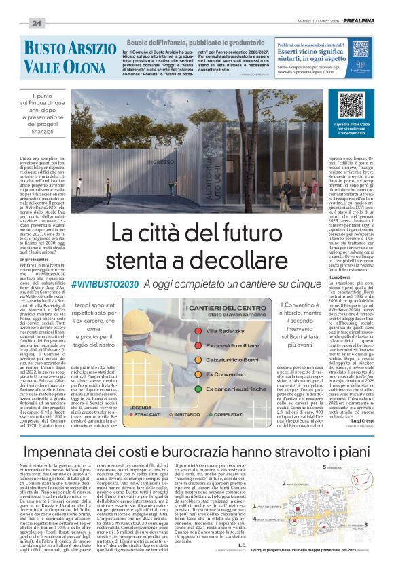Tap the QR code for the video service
click(x=351, y=104)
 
